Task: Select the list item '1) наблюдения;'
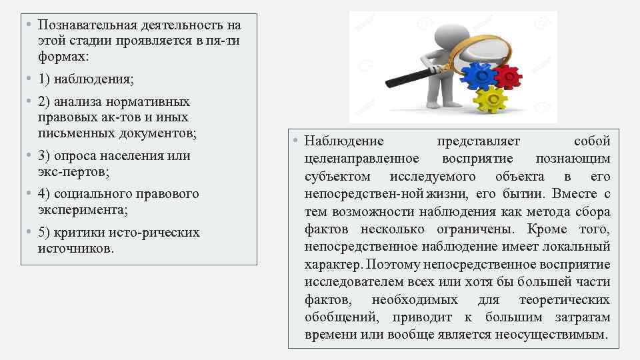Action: coord(86,79)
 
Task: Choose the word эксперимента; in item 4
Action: coord(83,209)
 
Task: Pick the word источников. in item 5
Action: coord(76,248)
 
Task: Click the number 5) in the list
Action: coord(45,233)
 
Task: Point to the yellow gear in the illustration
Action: coord(491,100)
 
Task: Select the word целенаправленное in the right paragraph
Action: coord(361,159)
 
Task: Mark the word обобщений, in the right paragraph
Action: coord(339,317)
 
